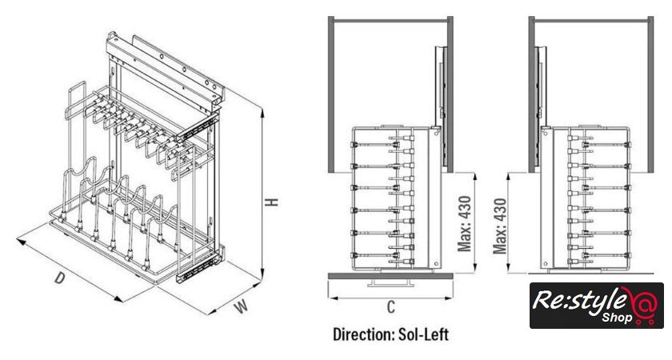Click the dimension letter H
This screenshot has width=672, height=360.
(271, 202)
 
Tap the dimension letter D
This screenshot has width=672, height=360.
(60, 278)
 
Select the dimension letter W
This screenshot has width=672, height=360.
(242, 306)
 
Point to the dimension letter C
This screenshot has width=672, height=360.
(390, 307)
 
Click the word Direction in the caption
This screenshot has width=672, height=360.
(363, 334)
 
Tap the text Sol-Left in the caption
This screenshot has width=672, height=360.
(423, 334)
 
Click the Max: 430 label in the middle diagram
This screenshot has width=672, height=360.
(465, 223)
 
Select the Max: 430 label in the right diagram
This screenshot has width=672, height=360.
(500, 226)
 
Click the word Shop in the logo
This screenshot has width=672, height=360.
(617, 318)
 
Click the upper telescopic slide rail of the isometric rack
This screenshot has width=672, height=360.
(196, 130)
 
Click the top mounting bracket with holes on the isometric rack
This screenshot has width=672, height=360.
(166, 70)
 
